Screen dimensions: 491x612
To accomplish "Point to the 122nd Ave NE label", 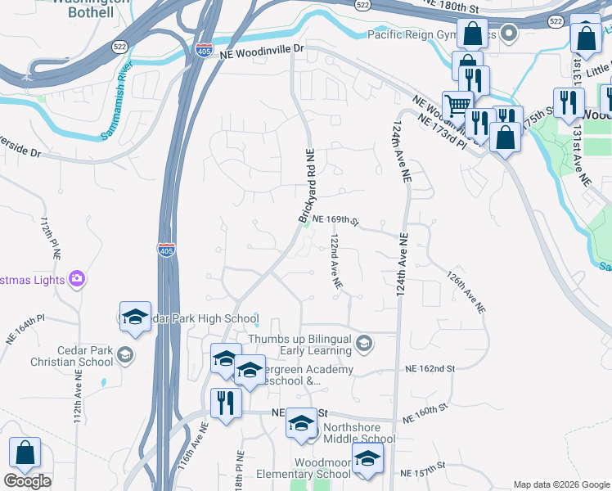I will tap(336, 262).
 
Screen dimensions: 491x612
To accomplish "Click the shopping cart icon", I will tap(457, 104).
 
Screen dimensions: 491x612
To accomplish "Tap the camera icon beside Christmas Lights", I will tap(76, 278).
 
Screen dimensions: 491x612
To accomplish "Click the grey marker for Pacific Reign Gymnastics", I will tap(509, 34).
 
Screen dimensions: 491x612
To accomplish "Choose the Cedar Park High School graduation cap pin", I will tap(135, 316).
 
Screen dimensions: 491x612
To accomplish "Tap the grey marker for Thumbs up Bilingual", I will tap(364, 345).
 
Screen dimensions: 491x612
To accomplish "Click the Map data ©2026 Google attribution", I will tap(560, 484).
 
